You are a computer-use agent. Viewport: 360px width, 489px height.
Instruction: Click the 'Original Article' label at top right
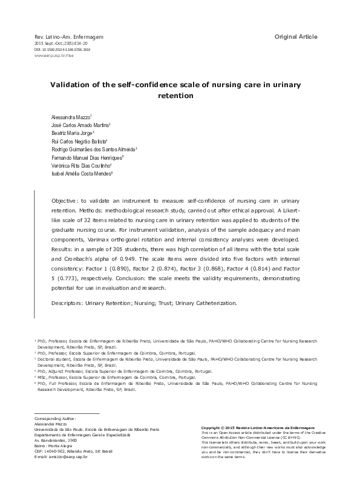pos(296,38)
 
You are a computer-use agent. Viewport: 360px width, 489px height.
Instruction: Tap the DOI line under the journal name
pos(62,50)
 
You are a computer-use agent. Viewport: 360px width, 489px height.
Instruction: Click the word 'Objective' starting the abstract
pos(67,200)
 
